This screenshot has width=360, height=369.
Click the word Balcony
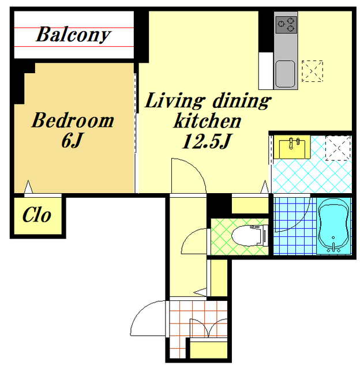click(x=73, y=35)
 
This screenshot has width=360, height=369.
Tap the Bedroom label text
click(x=73, y=121)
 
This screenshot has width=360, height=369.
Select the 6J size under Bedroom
click(x=72, y=141)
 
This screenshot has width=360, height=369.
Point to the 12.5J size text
click(x=207, y=141)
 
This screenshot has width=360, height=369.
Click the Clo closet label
click(x=37, y=214)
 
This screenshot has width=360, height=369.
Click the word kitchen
click(x=207, y=121)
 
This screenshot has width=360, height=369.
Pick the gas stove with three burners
click(x=286, y=24)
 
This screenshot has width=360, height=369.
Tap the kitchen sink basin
click(x=286, y=74)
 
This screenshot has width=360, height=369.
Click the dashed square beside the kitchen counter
click(x=313, y=71)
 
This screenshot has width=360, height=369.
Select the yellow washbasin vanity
click(x=292, y=147)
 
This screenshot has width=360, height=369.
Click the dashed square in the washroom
click(x=338, y=148)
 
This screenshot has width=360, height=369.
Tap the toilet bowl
click(x=250, y=236)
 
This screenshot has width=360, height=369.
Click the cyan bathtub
click(x=334, y=226)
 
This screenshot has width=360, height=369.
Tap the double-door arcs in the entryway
click(x=209, y=327)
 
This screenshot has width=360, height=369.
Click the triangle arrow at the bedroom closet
click(x=28, y=187)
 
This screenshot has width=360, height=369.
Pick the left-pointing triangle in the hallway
click(x=200, y=292)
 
